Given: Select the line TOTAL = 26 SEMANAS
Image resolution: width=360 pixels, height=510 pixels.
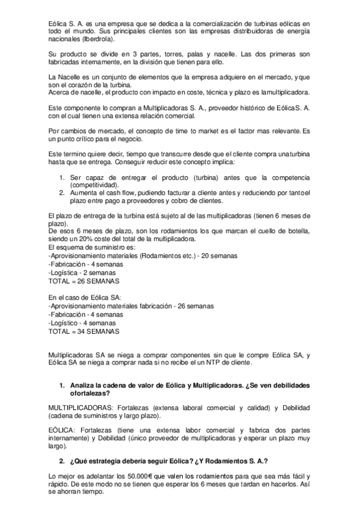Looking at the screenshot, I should pos(84,281).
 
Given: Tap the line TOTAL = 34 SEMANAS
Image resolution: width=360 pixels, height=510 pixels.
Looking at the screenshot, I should pos(84,331).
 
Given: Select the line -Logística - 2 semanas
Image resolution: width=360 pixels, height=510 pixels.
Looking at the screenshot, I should pos(83,272).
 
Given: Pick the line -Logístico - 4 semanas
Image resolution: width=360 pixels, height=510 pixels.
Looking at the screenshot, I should pos(83,323).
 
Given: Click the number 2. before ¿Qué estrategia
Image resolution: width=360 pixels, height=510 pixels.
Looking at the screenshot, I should pos(61,461).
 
